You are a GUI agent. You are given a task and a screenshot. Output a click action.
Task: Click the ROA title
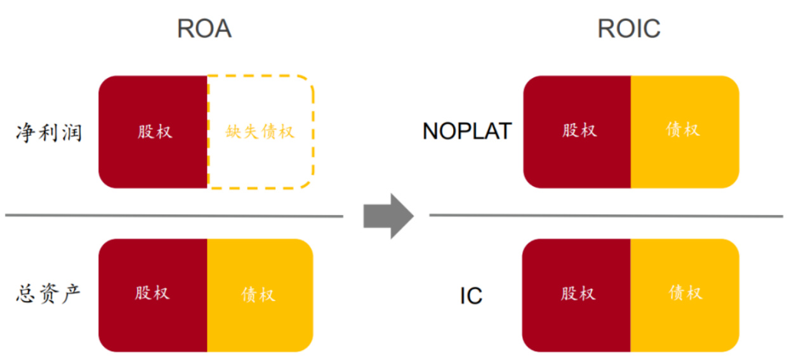(204, 29)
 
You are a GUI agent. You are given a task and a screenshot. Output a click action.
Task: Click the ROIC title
(628, 29)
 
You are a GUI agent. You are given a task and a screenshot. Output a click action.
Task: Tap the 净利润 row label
(50, 133)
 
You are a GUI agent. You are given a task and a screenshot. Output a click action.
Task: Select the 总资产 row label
(50, 293)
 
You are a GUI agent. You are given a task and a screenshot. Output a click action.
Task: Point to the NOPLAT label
(467, 131)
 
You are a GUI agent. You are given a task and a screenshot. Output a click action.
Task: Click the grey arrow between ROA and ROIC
(388, 216)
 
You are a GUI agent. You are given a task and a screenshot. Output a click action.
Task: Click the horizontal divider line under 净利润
(174, 216)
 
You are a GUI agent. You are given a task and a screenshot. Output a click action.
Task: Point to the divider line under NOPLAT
(606, 216)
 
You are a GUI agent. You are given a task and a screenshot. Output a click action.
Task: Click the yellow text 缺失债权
(260, 132)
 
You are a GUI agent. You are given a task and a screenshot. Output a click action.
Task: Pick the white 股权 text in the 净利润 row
(155, 131)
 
